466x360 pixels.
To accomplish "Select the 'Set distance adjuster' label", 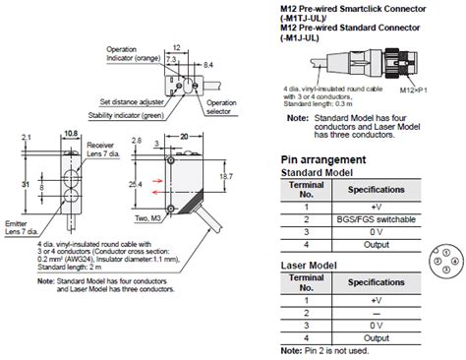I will (132, 100).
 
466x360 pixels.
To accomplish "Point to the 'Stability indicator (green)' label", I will (140, 114).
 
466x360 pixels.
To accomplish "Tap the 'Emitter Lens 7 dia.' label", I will (19, 228).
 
